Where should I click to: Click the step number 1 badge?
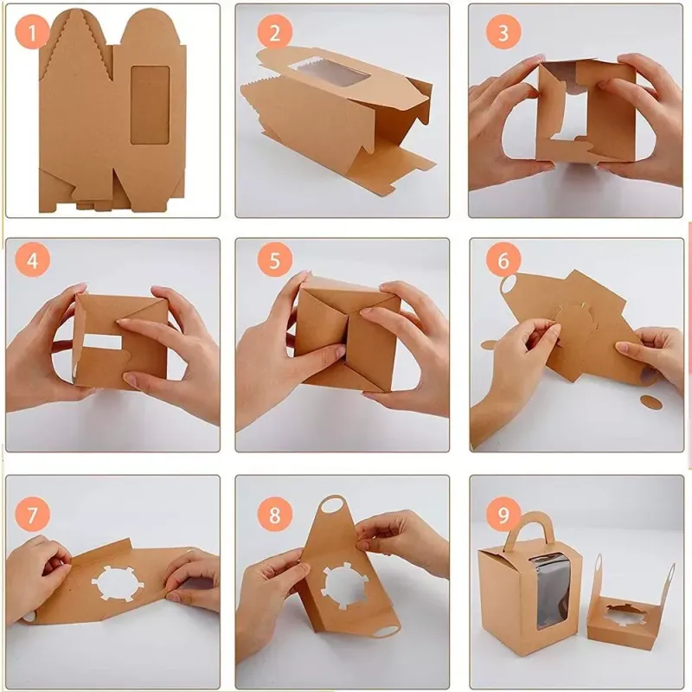(x=32, y=32)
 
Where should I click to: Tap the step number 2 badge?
(x=274, y=32)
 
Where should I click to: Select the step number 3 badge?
(x=503, y=32)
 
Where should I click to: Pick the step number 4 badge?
(x=32, y=260)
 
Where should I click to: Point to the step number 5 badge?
(x=274, y=260)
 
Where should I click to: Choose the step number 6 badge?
(x=503, y=260)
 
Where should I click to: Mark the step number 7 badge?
(x=32, y=515)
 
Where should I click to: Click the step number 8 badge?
(x=274, y=515)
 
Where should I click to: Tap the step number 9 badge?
(x=503, y=515)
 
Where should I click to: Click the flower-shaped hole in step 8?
(x=346, y=587)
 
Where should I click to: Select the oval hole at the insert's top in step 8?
(x=333, y=505)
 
